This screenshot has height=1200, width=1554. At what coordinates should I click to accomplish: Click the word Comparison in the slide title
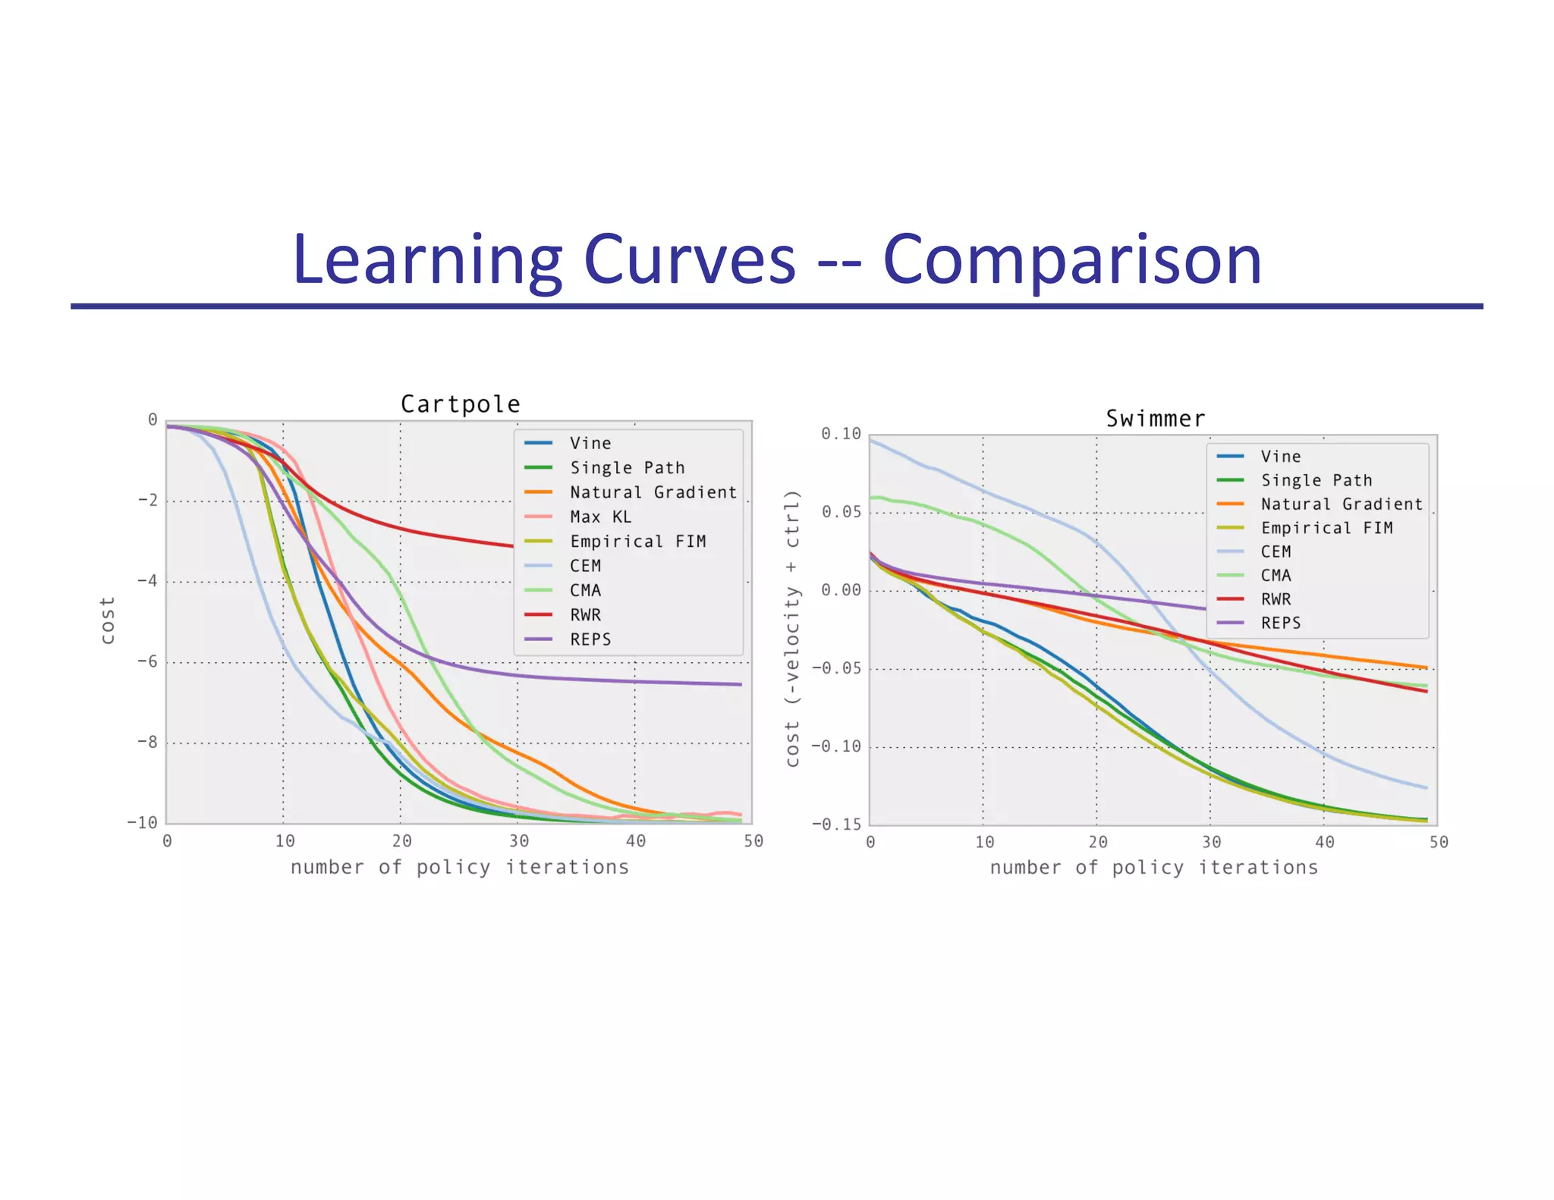pos(1072,260)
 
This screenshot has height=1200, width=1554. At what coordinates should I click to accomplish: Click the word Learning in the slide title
pos(426,260)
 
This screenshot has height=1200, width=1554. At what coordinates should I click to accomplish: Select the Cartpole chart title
pos(460,404)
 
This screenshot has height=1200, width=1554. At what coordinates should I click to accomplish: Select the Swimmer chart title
pos(1155,419)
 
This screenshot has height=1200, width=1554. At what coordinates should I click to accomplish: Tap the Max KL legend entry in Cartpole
pos(600,517)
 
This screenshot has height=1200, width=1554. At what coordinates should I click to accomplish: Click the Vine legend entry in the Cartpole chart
pos(590,444)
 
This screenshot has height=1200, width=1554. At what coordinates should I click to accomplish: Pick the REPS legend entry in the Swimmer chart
pos(1280,624)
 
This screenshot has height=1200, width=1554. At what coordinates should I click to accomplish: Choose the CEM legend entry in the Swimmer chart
pos(1276,552)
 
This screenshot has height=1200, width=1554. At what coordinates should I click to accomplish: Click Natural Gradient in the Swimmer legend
pos(1341,504)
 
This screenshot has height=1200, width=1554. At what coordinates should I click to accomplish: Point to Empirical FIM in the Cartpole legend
pos(637,542)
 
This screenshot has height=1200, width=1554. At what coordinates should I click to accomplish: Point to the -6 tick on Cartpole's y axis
pos(147,661)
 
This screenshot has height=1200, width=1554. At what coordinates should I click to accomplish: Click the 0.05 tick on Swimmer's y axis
pos(841,513)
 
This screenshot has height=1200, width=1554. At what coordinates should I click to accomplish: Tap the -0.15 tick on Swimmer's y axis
pos(837,825)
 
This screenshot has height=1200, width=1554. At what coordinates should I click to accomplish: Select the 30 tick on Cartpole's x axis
pos(519,841)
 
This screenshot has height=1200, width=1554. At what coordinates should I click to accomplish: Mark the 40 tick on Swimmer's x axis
pos(1325,843)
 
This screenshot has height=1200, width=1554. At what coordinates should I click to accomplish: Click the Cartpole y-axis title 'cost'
pos(108,620)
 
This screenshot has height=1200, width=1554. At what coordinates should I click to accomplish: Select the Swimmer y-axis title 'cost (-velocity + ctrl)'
pos(793,629)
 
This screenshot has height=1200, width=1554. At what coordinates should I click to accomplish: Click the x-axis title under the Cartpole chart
pos(460,868)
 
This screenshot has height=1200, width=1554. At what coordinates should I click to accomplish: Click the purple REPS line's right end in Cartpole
pos(741,684)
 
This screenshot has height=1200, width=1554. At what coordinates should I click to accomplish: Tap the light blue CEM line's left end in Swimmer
pos(871,441)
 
